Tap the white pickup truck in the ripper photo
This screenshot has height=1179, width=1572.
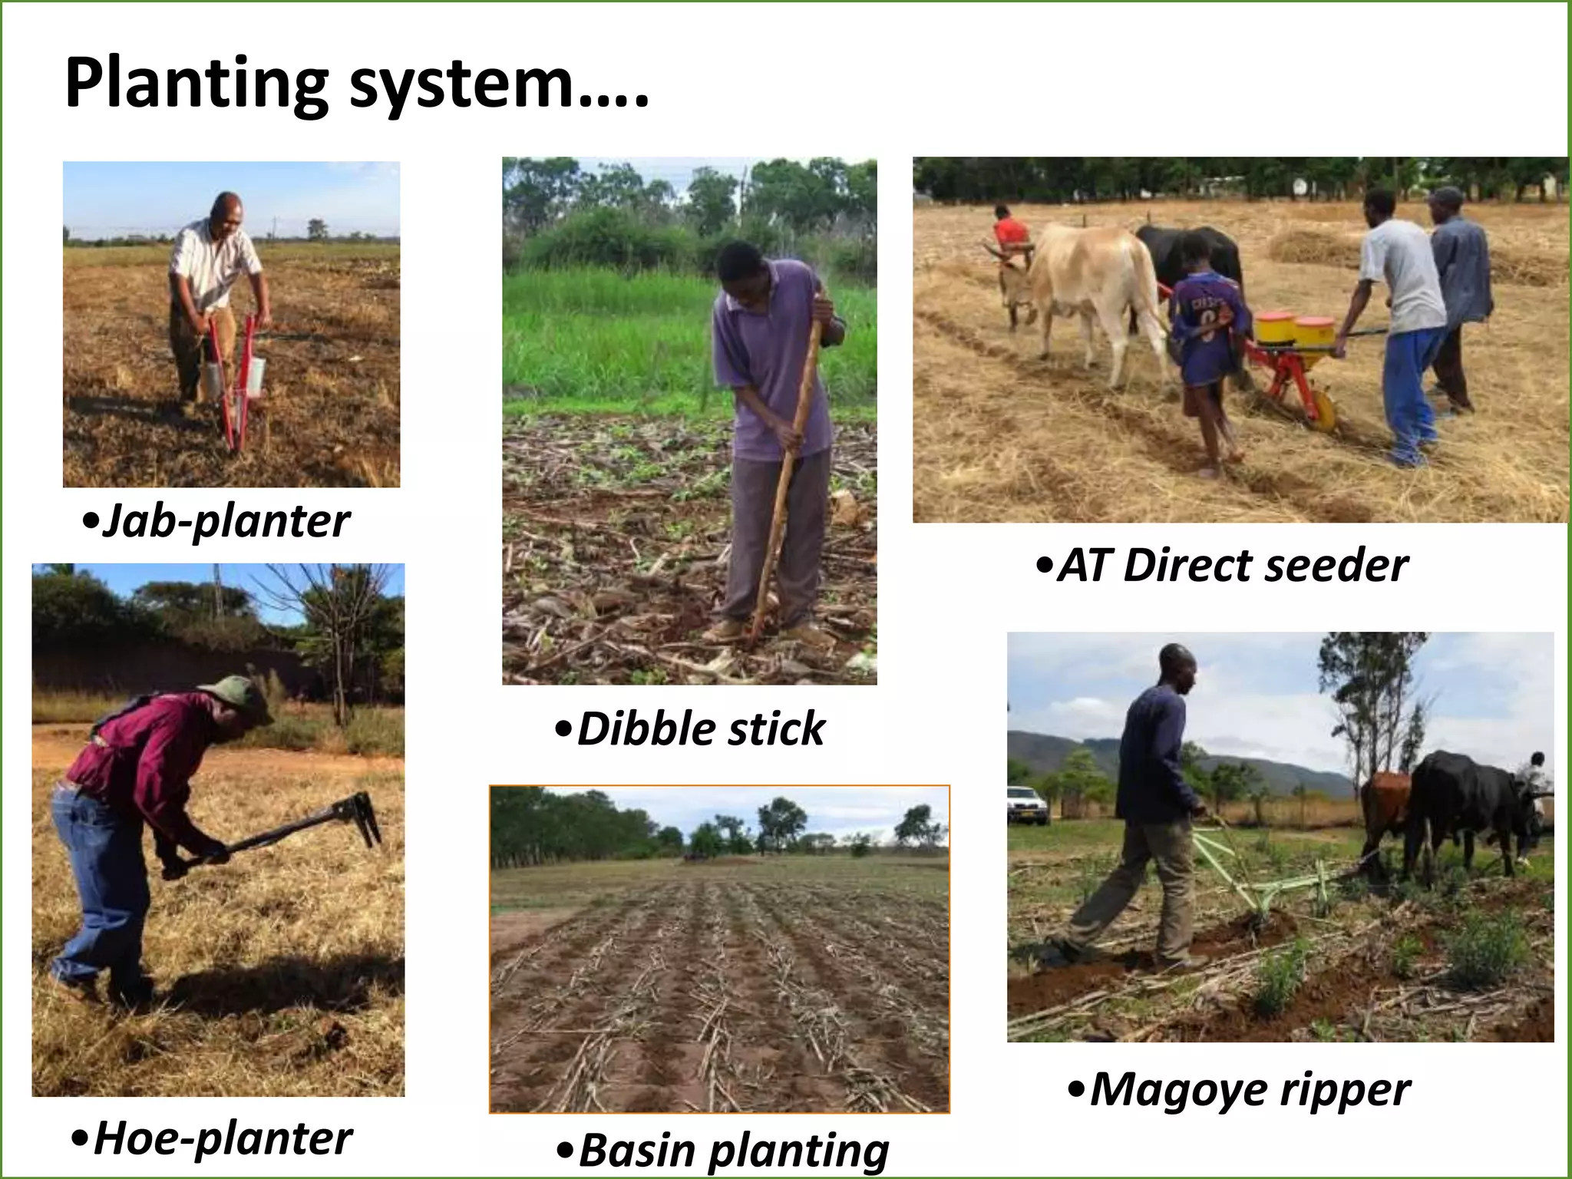tap(1026, 805)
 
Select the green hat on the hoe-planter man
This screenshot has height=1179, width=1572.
tap(239, 695)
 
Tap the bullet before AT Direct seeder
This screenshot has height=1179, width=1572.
tap(1043, 566)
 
